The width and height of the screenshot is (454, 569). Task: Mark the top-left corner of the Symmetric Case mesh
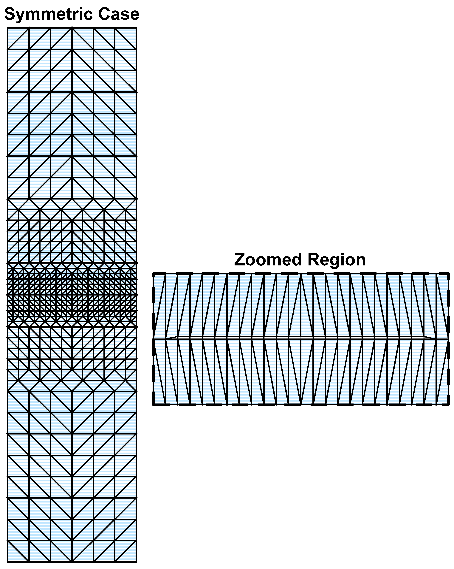coord(8,28)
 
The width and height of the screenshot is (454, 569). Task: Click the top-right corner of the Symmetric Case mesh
coord(136,28)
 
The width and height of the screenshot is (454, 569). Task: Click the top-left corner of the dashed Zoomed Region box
coord(153,274)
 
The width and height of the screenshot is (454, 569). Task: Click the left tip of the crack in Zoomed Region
coord(166,339)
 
